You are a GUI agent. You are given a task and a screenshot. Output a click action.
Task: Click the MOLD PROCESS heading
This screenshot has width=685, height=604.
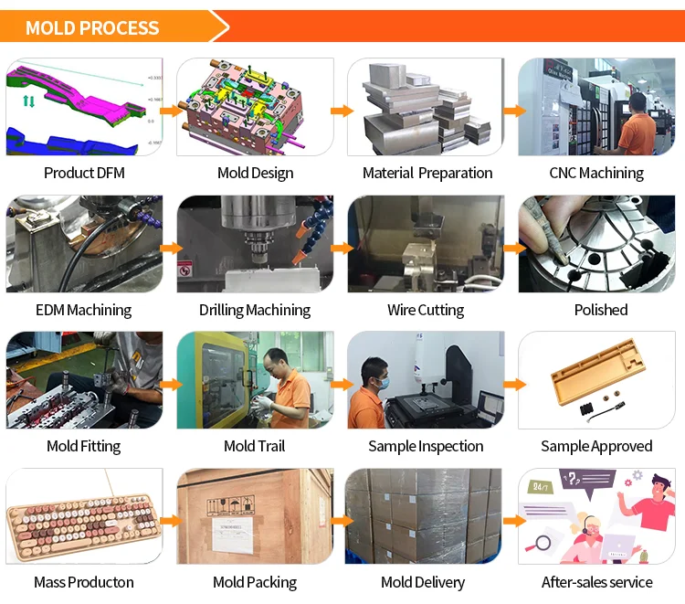coord(92,27)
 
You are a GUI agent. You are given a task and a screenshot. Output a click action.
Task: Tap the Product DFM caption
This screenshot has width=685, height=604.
coord(84,173)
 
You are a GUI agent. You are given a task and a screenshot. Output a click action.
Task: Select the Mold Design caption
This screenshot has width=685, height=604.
coord(255,173)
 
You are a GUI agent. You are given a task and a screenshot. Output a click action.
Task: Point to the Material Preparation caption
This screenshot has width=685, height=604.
coord(427,173)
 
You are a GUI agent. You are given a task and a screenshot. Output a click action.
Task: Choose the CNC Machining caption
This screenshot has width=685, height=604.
coord(596,173)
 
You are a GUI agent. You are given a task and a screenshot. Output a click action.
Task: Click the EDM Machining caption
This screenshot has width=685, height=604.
coord(84,310)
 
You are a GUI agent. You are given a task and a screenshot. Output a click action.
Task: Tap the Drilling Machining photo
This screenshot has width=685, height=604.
coord(255,244)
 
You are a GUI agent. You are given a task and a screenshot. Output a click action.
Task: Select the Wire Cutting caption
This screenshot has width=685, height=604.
coord(426,310)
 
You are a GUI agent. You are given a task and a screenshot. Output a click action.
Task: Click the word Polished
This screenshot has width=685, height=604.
coord(600,310)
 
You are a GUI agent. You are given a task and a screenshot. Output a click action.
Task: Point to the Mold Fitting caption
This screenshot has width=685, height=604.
coord(83,446)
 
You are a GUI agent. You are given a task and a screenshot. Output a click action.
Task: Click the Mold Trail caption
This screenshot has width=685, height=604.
coord(254,446)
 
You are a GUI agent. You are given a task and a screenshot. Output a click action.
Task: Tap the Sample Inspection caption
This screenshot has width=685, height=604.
coord(426,446)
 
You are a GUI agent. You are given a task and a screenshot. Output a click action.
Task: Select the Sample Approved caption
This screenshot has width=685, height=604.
coord(596,446)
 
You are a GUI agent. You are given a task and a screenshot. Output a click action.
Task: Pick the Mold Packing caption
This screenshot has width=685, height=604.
coord(254,582)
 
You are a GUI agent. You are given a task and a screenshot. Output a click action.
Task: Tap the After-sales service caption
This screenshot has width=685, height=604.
coord(596,582)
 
